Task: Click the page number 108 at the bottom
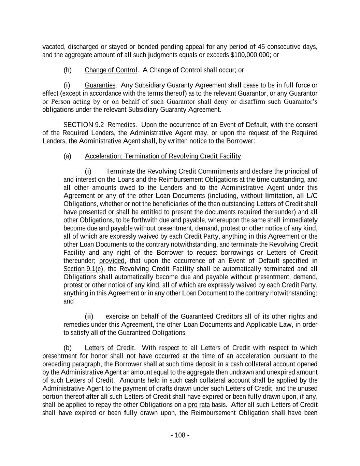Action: (x=180, y=435)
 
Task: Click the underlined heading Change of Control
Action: (x=111, y=70)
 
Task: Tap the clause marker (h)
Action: (x=68, y=70)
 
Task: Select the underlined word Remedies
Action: (x=121, y=125)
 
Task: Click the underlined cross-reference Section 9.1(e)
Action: (x=83, y=269)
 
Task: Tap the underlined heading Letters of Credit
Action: (x=109, y=348)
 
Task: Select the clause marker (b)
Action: (x=68, y=348)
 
